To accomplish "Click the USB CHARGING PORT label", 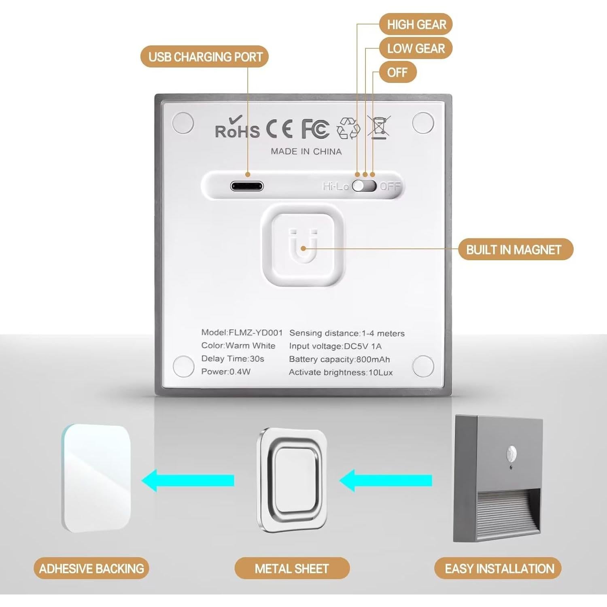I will pyautogui.click(x=205, y=57).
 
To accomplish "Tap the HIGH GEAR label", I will pyautogui.click(x=416, y=25).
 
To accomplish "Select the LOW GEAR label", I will pyautogui.click(x=416, y=49).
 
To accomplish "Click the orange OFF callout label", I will pyautogui.click(x=397, y=72).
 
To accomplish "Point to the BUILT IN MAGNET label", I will pyautogui.click(x=515, y=249).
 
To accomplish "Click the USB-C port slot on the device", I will pyautogui.click(x=247, y=186).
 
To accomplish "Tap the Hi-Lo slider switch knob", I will pyautogui.click(x=359, y=186).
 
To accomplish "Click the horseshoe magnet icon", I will pyautogui.click(x=303, y=246).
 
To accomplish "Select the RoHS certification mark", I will pyautogui.click(x=237, y=128).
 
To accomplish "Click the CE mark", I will pyautogui.click(x=279, y=129).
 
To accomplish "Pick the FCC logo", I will pyautogui.click(x=315, y=129).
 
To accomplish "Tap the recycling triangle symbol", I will pyautogui.click(x=348, y=128).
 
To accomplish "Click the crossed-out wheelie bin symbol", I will pyautogui.click(x=379, y=127).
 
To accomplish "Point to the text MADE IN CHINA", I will pyautogui.click(x=306, y=151).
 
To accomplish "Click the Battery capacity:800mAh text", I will pyautogui.click(x=339, y=359).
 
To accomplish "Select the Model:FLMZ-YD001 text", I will pyautogui.click(x=242, y=333).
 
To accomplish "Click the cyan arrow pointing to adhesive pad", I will pyautogui.click(x=188, y=480).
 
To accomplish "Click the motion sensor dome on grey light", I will pyautogui.click(x=512, y=452).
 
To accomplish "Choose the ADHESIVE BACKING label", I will pyautogui.click(x=91, y=569).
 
